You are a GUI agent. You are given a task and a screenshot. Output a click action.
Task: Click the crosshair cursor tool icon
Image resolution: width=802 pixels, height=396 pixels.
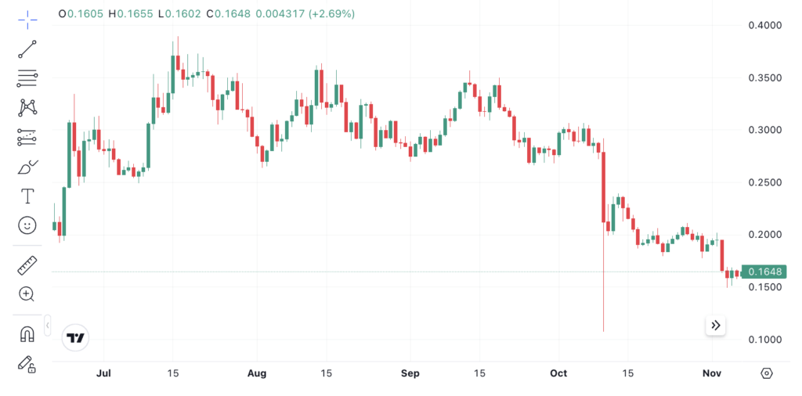tap(27, 20)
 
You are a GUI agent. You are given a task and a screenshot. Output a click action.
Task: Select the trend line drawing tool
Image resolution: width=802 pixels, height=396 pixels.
tap(27, 49)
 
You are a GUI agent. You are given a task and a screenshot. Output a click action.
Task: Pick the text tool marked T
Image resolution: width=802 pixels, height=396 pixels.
tap(27, 196)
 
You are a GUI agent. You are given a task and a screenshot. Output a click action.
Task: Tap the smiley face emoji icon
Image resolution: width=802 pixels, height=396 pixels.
tap(27, 225)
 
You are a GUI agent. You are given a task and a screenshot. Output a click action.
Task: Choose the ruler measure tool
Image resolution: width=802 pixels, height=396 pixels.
tap(27, 265)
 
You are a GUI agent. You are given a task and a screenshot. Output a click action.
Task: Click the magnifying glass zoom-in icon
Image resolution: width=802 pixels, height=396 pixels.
tap(27, 294)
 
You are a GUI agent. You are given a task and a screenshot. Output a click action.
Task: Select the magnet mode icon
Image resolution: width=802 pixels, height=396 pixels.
tap(27, 334)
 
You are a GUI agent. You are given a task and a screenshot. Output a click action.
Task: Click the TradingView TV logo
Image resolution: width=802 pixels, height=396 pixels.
tap(76, 337)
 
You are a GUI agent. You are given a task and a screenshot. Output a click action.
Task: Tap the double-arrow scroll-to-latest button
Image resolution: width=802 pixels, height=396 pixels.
tap(715, 325)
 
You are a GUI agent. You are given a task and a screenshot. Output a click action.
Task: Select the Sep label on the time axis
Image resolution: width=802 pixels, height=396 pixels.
tap(410, 373)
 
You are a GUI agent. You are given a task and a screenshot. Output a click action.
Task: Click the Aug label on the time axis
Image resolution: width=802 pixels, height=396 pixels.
tap(257, 373)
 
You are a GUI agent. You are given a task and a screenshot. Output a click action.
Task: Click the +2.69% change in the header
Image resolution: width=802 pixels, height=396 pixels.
tap(332, 14)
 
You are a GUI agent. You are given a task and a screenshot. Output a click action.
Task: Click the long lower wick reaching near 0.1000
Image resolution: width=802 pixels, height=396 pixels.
tap(604, 297)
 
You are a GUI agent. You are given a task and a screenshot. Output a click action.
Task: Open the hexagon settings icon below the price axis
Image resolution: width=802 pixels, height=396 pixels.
tap(766, 373)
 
